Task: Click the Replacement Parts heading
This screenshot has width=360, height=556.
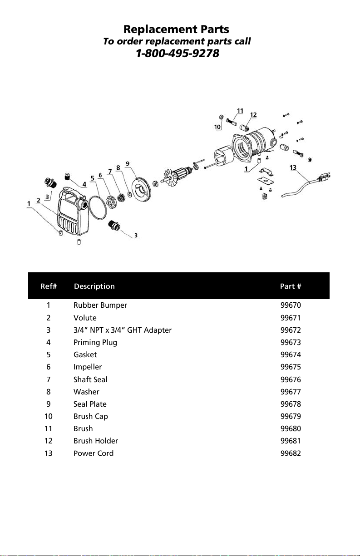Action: [176, 30]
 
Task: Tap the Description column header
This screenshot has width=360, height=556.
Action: [94, 286]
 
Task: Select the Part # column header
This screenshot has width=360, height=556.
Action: [291, 286]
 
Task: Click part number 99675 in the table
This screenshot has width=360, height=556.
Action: [291, 367]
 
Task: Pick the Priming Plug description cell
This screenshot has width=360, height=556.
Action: [95, 343]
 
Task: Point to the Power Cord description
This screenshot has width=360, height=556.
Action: [94, 453]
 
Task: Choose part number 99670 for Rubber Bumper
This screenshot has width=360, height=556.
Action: [291, 305]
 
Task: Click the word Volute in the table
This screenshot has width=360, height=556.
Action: [85, 318]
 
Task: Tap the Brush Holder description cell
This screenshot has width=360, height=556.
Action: [96, 441]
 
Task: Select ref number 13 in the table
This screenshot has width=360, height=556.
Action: [49, 453]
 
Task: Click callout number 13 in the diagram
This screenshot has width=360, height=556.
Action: [293, 167]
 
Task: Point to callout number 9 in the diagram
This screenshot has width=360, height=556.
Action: [128, 163]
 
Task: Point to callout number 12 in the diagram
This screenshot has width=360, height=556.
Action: [253, 115]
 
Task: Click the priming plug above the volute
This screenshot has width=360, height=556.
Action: [67, 177]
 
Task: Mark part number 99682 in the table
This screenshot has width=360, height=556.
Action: [291, 453]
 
